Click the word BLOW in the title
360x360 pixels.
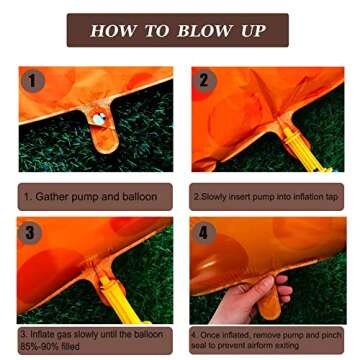coord(203,30)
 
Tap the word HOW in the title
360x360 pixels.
coord(113,30)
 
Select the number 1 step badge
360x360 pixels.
coord(33,81)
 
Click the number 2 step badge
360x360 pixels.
coord(204,80)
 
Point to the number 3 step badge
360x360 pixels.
coord(30,232)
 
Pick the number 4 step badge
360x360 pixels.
coord(203,232)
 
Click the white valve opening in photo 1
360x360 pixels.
coord(100,117)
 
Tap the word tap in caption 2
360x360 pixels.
coord(331,197)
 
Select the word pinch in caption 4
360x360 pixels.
coord(331,335)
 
